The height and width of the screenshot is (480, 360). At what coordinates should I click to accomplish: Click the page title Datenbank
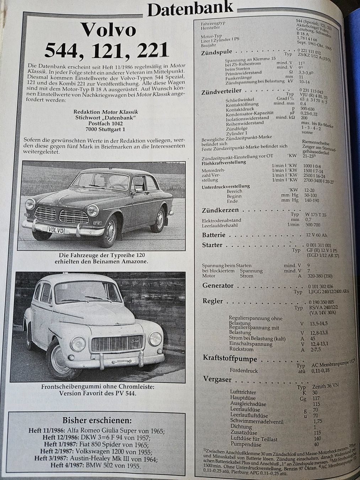coord(190,9)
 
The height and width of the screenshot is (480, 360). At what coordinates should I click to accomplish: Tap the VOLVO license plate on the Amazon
coord(56,230)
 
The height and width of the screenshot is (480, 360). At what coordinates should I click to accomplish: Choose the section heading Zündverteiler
coord(221,91)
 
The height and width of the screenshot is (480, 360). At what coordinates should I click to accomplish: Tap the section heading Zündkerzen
coord(220,210)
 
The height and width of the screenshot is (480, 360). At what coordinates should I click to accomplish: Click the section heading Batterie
coord(214,235)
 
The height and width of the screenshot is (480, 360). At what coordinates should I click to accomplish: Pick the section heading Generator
coord(218,286)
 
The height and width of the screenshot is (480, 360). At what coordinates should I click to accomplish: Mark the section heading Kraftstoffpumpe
coord(230,358)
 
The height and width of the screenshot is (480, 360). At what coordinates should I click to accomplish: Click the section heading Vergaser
coord(217,379)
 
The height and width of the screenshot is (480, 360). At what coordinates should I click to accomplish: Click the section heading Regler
coord(213,301)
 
